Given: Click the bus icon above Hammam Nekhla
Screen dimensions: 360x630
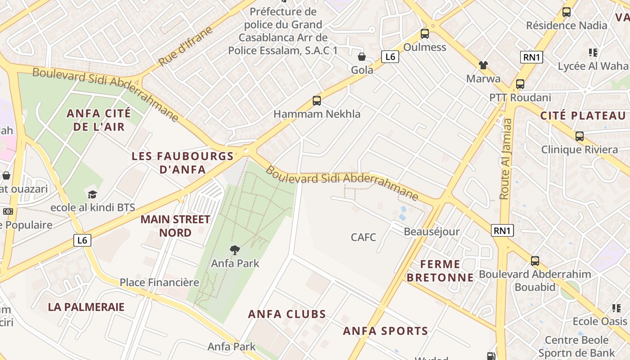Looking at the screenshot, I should [316, 100].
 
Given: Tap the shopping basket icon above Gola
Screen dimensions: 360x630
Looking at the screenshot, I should [361, 57].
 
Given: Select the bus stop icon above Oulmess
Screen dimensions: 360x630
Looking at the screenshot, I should [424, 33].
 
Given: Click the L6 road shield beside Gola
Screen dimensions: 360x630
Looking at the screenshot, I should [390, 57].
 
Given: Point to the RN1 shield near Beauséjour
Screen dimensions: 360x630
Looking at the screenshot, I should [502, 231].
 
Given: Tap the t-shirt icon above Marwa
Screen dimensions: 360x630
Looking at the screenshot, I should [483, 65].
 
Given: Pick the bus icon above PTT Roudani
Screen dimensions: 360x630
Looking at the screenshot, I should [520, 84].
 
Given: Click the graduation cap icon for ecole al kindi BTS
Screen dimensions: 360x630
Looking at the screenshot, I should [92, 194].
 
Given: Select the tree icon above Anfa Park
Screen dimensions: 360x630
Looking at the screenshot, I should [234, 250].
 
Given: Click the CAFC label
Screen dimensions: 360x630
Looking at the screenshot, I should [363, 237].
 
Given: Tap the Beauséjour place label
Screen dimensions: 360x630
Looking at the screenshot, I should [432, 232].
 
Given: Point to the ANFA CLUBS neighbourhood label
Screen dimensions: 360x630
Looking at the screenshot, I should [287, 314].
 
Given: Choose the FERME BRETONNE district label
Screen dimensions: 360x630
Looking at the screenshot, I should [440, 270].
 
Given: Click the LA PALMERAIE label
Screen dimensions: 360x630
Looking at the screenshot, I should [86, 307].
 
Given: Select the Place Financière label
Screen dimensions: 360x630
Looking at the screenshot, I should [159, 283].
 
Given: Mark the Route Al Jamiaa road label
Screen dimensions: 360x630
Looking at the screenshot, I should [505, 158].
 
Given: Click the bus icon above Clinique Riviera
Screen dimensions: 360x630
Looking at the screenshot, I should [579, 136].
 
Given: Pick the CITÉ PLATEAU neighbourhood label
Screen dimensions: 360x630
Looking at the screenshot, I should [583, 116].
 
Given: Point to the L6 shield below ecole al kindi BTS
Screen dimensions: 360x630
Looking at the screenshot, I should [82, 240].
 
